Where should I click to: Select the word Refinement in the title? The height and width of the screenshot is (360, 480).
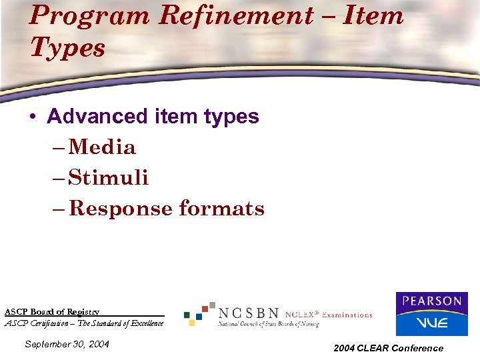pos(220,15)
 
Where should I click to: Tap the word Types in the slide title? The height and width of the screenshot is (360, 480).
pos(67,47)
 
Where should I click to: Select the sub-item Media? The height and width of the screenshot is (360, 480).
pos(102,147)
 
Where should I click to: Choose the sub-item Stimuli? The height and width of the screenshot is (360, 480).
pos(109,178)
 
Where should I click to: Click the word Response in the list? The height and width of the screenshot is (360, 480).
pos(121,209)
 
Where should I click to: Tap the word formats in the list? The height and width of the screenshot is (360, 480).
pos(221,209)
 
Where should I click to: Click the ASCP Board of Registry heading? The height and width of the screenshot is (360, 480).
pos(52,311)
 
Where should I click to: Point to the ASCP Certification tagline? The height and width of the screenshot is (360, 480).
pos(84,323)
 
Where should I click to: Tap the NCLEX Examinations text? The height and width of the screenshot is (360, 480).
pos(329,315)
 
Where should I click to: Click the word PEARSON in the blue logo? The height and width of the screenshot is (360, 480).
pos(431,301)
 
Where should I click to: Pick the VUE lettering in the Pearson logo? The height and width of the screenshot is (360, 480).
pos(431,323)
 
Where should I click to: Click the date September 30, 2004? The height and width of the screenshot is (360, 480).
pos(66,344)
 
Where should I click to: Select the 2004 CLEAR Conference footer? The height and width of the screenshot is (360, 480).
pos(389,348)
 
